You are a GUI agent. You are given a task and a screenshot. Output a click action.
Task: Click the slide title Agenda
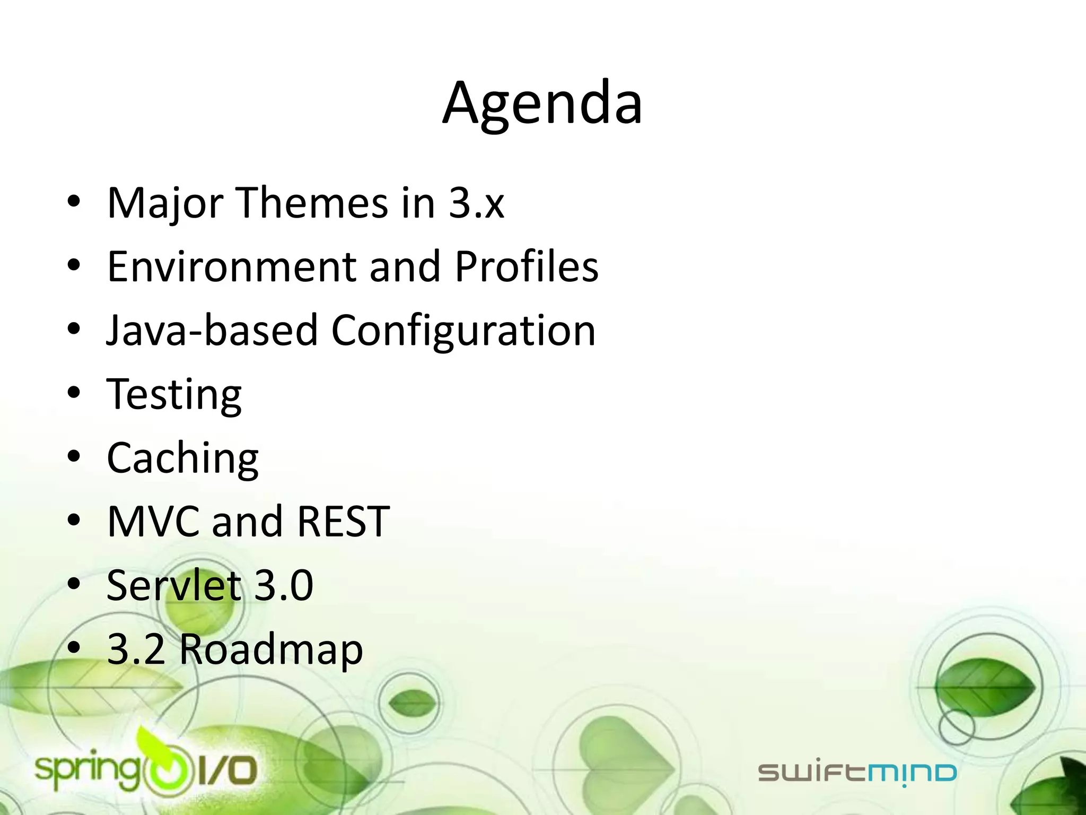pos(542,103)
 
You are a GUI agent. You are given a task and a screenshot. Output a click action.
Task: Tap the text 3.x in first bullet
pos(476,203)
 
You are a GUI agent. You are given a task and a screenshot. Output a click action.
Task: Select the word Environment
pos(232,266)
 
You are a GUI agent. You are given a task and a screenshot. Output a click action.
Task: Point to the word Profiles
pos(526,266)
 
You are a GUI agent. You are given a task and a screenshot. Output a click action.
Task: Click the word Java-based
pos(212,330)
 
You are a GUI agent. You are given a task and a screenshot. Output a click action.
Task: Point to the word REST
pos(343,522)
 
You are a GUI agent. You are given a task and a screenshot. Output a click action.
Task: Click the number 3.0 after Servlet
pos(284,585)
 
